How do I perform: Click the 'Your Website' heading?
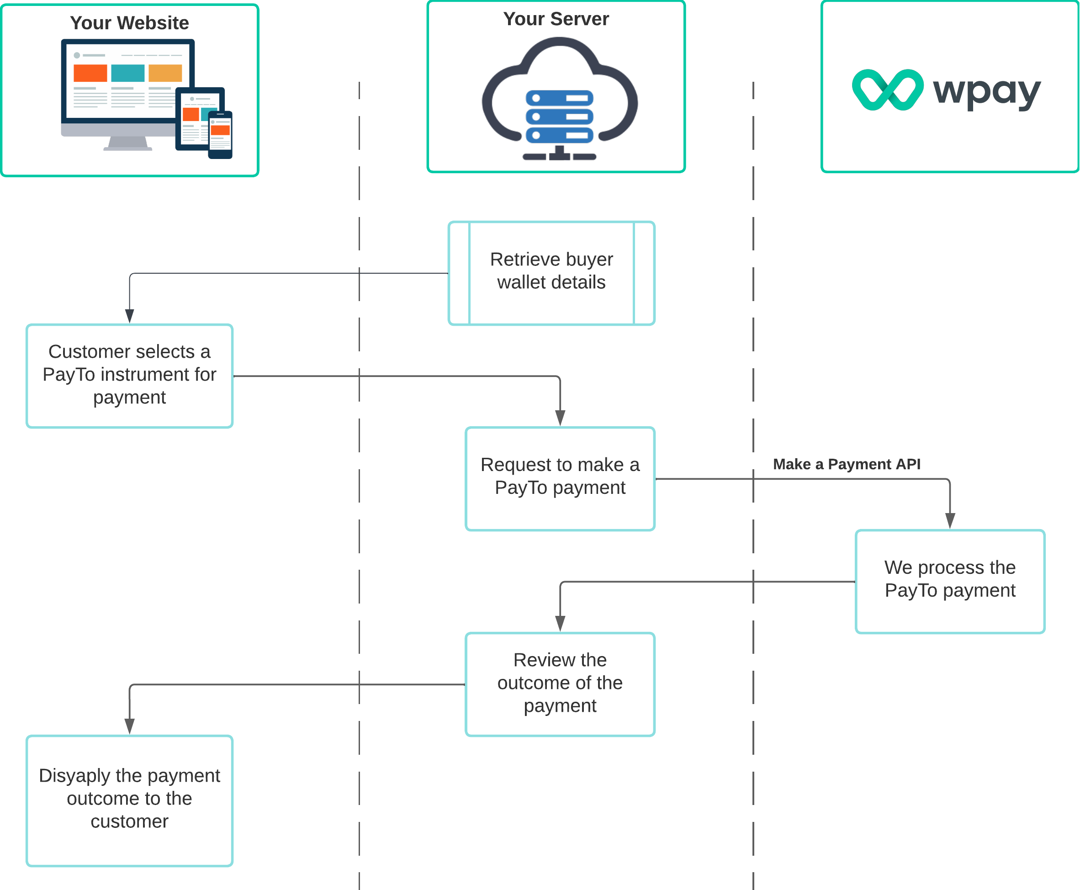[x=129, y=23]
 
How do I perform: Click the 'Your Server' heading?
[x=556, y=19]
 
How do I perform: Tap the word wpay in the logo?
[x=986, y=92]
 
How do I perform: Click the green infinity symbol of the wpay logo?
[x=887, y=90]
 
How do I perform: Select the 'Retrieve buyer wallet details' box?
[x=551, y=273]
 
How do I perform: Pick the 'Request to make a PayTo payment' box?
[x=560, y=478]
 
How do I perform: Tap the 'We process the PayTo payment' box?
[x=949, y=581]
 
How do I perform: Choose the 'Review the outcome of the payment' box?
[x=560, y=683]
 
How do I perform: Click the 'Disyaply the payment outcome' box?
[x=129, y=800]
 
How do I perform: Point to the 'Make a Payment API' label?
[x=846, y=464]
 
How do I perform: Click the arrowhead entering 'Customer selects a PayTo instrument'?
[x=129, y=316]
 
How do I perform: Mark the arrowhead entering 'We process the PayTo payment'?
[x=949, y=521]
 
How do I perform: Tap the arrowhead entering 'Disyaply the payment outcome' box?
[x=129, y=726]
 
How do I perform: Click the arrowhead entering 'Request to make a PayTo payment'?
[x=560, y=418]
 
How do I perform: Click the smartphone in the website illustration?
[x=220, y=135]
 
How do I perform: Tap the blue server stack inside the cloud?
[x=559, y=117]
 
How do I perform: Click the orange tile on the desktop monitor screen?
[x=90, y=73]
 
